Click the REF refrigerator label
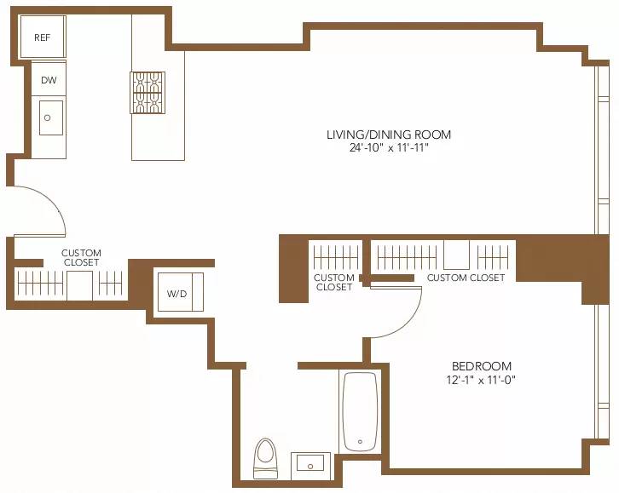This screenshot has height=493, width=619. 42,37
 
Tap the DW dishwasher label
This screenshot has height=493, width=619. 49,80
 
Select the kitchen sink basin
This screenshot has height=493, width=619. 49,118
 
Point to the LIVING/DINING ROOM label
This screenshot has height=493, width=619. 388,135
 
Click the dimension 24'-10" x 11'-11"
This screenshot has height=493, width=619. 388,147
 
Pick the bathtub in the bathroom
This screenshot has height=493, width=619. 360,412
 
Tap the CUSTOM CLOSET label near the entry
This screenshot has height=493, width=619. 81,257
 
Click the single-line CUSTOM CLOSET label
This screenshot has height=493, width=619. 466,278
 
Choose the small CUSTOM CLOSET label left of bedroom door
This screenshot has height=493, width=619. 333,282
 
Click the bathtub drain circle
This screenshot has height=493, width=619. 360,442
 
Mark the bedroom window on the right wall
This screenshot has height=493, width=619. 594,366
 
